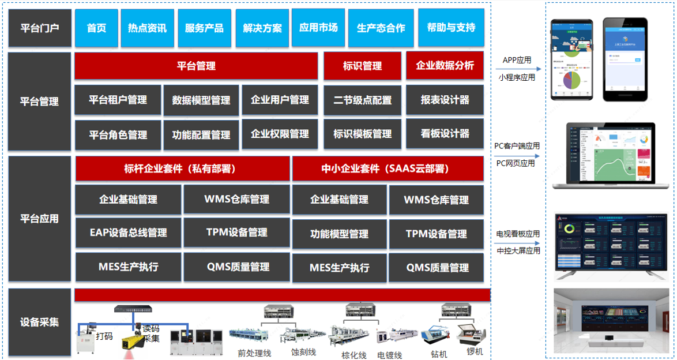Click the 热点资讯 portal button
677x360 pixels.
click(x=147, y=28)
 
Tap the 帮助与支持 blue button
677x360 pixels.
click(x=451, y=28)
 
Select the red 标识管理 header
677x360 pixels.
click(x=362, y=66)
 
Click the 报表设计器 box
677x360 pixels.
click(x=445, y=100)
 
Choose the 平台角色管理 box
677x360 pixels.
click(x=118, y=135)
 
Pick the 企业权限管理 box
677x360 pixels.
click(x=280, y=134)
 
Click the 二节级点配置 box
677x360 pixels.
click(x=362, y=100)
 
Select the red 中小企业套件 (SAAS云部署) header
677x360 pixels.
click(x=388, y=169)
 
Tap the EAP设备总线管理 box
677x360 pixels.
click(x=128, y=233)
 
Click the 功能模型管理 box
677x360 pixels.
click(x=339, y=234)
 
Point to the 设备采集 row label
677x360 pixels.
click(x=40, y=322)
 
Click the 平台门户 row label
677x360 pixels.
click(x=40, y=28)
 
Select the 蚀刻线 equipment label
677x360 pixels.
click(x=303, y=352)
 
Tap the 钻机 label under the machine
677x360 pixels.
click(x=438, y=354)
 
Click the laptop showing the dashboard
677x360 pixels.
click(x=611, y=155)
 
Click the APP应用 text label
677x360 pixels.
click(x=517, y=60)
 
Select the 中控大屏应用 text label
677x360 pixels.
click(x=518, y=250)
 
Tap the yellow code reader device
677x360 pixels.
click(x=136, y=340)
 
